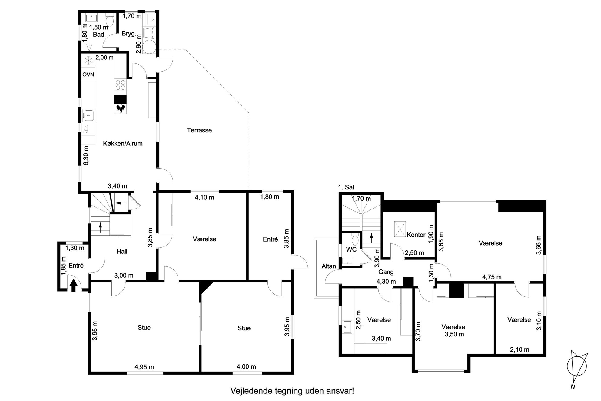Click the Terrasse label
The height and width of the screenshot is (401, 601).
199,130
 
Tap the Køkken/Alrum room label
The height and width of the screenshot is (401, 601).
123,144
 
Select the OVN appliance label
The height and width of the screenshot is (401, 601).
88,75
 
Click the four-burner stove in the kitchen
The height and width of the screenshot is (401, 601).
120,85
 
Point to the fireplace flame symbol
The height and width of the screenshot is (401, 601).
120,108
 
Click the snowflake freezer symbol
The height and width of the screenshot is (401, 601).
88,61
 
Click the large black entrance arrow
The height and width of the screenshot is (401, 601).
73,286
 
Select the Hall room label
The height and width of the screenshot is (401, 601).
122,251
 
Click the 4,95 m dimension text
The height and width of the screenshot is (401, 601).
144,367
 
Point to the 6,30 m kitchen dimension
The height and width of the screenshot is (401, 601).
86,155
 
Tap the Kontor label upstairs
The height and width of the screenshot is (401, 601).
416,235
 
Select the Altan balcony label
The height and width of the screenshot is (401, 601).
329,266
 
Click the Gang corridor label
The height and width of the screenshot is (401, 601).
386,272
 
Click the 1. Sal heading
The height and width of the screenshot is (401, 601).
346,188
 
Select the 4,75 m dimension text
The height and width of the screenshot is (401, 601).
492,277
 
